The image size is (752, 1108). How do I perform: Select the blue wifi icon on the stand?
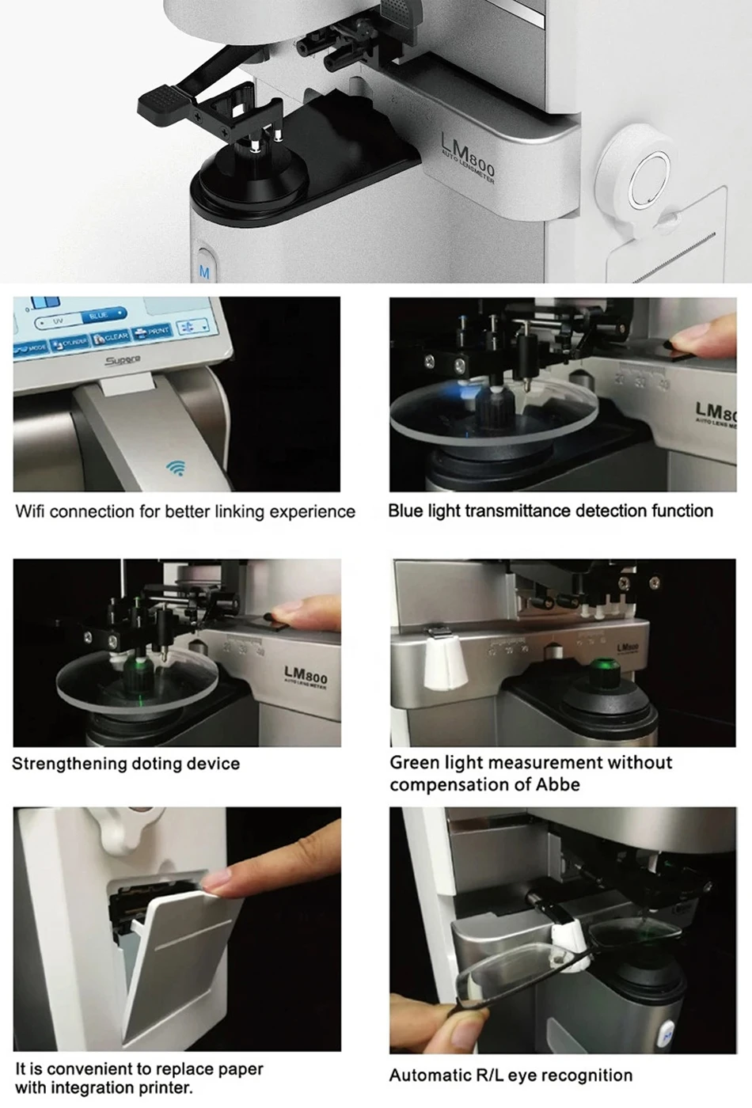point(176,468)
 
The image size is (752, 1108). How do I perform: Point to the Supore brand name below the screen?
point(123,361)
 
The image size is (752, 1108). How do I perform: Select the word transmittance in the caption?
point(518,511)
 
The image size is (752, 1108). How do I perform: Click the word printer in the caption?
point(164,1088)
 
